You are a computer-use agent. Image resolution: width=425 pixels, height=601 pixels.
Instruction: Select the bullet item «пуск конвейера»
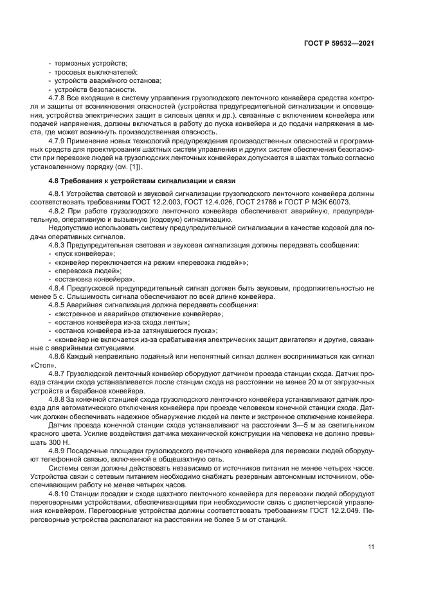point(84,254)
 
